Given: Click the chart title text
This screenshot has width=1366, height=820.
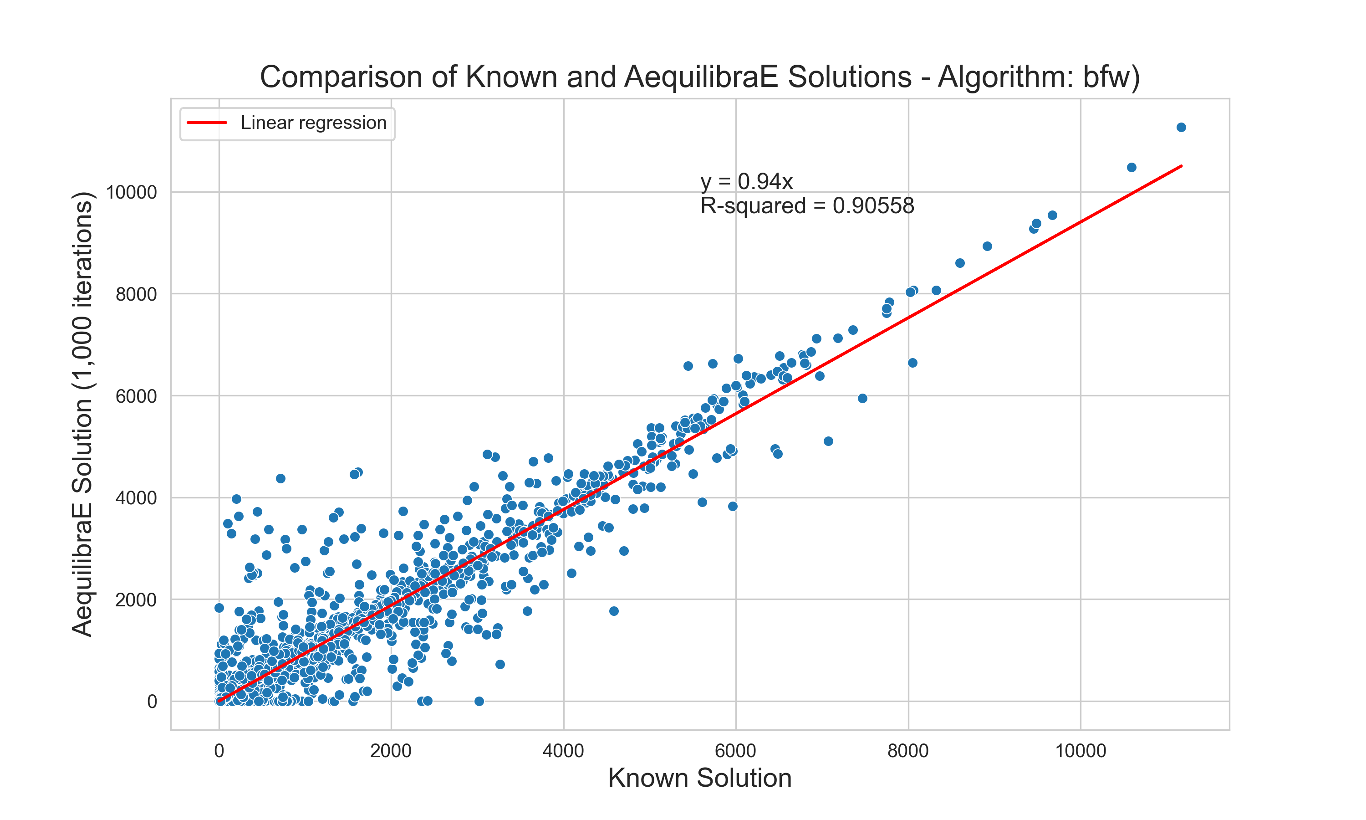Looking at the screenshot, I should coord(699,77).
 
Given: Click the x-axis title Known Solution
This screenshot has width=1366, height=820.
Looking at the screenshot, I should coord(699,778).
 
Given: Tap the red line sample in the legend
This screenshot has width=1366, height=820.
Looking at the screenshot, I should coord(207,123).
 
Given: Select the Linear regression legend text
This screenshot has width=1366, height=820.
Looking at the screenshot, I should coord(313,123).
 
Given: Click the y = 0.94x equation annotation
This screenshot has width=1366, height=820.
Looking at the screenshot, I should coord(746,181).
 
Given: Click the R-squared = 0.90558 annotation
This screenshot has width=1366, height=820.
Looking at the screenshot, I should coord(807,206).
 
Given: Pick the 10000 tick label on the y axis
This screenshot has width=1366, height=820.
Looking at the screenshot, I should coord(132,192).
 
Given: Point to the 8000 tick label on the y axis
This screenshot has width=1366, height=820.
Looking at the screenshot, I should coord(136,294).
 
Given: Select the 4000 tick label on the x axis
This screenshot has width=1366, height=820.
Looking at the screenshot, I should coord(563,751).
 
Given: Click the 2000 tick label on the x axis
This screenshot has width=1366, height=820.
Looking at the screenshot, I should coord(391,751).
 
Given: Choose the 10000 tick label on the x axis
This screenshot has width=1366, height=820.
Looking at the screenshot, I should coord(1081,751).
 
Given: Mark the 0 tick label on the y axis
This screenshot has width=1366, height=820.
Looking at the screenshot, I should coord(152,702).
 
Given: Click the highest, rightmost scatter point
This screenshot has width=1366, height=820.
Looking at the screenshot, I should coord(1181,128).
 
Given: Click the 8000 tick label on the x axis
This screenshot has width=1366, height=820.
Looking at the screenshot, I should coord(908,751).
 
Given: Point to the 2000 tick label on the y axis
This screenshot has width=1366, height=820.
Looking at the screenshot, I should coord(136,600).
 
